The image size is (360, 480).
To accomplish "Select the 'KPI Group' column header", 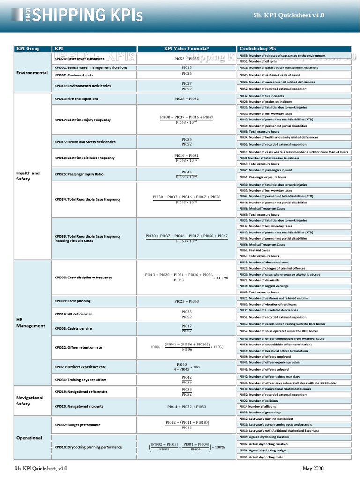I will pyautogui.click(x=28, y=49).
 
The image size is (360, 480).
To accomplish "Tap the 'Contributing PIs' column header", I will pyautogui.click(x=257, y=49).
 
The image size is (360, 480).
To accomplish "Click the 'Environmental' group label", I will pyautogui.click(x=32, y=73).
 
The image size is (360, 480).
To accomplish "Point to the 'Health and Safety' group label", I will pyautogui.click(x=28, y=176).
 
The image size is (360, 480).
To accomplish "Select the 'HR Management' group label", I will pyautogui.click(x=30, y=322).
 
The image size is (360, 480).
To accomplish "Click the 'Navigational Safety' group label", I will pyautogui.click(x=30, y=400).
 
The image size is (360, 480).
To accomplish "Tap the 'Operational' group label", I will pyautogui.click(x=29, y=438).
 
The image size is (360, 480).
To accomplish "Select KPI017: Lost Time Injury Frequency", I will pyautogui.click(x=82, y=120).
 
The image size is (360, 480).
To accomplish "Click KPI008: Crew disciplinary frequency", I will pyautogui.click(x=83, y=277).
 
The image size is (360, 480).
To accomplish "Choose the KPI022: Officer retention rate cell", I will pyautogui.click(x=78, y=348).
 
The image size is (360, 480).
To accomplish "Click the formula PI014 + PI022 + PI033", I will pyautogui.click(x=187, y=407).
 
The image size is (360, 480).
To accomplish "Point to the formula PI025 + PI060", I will pyautogui.click(x=187, y=301).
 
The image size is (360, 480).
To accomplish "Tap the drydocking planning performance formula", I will pyautogui.click(x=187, y=447).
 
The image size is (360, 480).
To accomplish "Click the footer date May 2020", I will pyautogui.click(x=313, y=469).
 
